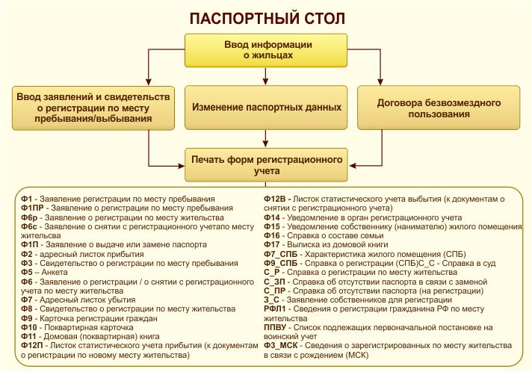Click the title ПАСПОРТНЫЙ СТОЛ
[x=267, y=19]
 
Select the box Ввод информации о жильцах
[x=266, y=50]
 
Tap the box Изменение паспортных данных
[x=266, y=108]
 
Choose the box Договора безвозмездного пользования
[x=439, y=108]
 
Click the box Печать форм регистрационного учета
[x=266, y=165]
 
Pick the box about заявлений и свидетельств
[x=93, y=108]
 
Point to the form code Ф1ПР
[x=32, y=208]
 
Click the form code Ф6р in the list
[x=29, y=217]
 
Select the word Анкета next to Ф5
[x=55, y=273]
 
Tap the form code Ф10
[x=29, y=327]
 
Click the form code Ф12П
[x=32, y=346]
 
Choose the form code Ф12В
[x=275, y=199]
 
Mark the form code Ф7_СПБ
[x=281, y=254]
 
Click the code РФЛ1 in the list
[x=275, y=309]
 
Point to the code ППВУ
[x=275, y=327]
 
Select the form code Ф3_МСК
[x=281, y=346]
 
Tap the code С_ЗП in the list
[x=274, y=282]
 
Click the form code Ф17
[x=272, y=244]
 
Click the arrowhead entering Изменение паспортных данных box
[x=266, y=81]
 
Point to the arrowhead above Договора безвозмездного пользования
[x=380, y=81]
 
